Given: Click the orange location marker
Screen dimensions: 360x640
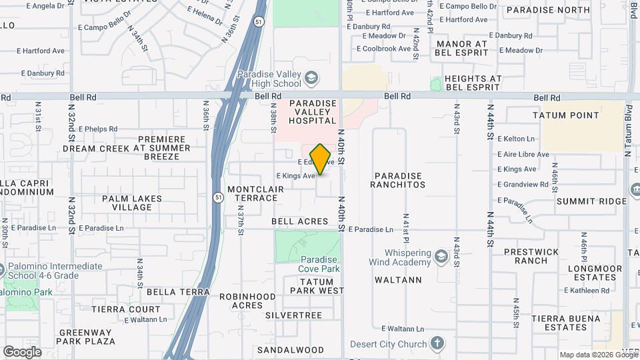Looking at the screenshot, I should pyautogui.click(x=321, y=159).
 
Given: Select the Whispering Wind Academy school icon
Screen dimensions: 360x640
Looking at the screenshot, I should pyautogui.click(x=440, y=257).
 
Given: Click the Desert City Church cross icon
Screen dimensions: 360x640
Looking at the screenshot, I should pyautogui.click(x=437, y=344).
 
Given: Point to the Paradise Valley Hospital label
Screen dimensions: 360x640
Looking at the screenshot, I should pyautogui.click(x=312, y=112).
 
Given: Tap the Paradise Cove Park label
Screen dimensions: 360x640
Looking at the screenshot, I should pyautogui.click(x=320, y=264).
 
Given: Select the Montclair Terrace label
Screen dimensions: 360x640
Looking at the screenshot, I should pyautogui.click(x=256, y=194).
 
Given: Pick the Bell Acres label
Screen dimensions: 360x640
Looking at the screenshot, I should pyautogui.click(x=300, y=221).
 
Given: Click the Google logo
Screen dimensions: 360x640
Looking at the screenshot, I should pyautogui.click(x=22, y=351).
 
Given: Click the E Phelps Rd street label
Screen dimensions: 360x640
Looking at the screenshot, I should pyautogui.click(x=97, y=129).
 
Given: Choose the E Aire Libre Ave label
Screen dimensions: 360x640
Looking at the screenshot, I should pyautogui.click(x=523, y=154).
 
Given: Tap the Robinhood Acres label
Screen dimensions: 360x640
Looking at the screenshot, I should pyautogui.click(x=247, y=300).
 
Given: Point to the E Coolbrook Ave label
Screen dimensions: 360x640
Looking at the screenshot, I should pyautogui.click(x=383, y=49).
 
